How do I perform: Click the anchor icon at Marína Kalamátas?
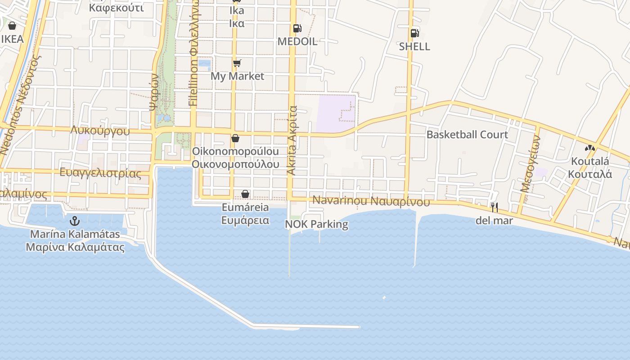tap(75, 221)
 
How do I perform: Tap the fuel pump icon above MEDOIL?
tap(297, 28)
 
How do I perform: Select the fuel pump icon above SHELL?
tap(414, 33)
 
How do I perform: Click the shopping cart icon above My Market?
tap(237, 63)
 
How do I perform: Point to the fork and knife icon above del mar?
tap(494, 207)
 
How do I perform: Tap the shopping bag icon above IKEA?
tap(12, 26)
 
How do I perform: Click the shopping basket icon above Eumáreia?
tap(245, 194)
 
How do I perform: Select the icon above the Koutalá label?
tap(589, 148)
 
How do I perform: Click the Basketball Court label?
tap(467, 135)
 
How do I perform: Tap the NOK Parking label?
tap(317, 224)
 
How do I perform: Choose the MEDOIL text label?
tap(297, 41)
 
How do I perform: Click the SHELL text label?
tap(414, 46)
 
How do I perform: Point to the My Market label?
tap(237, 76)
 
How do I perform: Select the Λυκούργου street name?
tap(100, 131)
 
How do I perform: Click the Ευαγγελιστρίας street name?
tap(100, 173)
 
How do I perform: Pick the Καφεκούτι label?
tap(117, 8)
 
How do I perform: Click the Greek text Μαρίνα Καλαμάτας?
tap(75, 247)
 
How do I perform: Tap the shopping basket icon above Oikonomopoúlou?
tap(235, 138)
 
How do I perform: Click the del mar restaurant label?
tap(494, 220)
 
